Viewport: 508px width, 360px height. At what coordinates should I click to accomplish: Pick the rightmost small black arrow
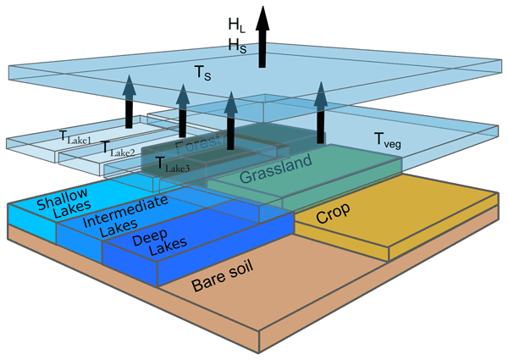tap(321, 109)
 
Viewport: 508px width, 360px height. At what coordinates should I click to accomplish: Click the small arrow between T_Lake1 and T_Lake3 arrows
tap(182, 110)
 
